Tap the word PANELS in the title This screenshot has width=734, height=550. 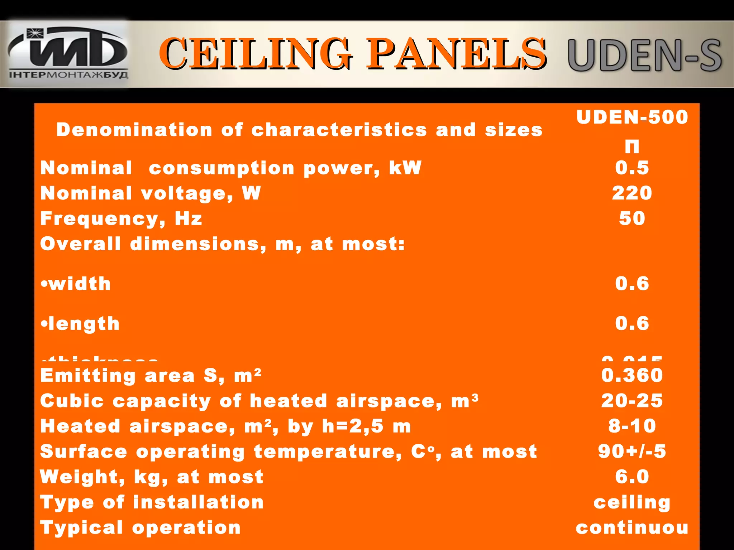[456, 54]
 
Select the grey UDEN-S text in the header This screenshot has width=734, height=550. [644, 56]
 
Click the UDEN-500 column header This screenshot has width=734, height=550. [632, 117]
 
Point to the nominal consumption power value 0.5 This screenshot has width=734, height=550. [632, 168]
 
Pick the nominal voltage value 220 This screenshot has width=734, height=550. [632, 193]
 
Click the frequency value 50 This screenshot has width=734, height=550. [632, 218]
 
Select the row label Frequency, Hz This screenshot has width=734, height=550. [121, 218]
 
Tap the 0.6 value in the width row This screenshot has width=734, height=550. [632, 284]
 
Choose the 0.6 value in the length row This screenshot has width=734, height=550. [632, 323]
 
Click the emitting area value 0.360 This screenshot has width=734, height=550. [632, 375]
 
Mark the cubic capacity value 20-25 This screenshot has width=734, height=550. [632, 401]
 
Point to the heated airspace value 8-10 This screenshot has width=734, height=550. [632, 426]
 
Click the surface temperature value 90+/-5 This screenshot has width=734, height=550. [632, 452]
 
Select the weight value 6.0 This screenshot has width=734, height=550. [632, 477]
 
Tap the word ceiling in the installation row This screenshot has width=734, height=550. [632, 502]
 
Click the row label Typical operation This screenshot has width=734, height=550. [140, 528]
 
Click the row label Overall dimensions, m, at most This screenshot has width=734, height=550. [222, 244]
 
